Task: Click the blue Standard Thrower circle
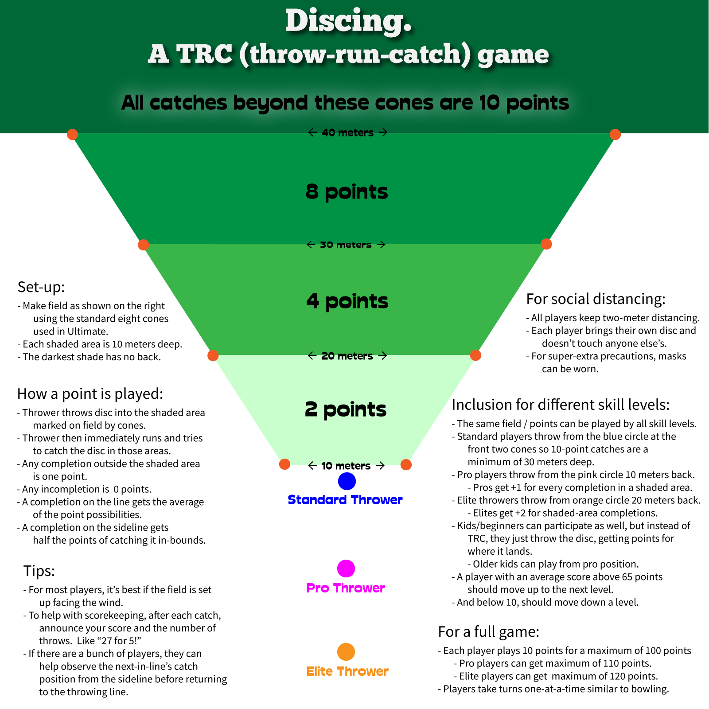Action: pos(347,481)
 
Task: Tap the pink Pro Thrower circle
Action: pos(346,569)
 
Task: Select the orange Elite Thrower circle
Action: pos(346,652)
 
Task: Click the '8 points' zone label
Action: pos(347,192)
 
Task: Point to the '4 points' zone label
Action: pos(347,301)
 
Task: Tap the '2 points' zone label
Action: pos(346,409)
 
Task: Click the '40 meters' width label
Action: pos(347,132)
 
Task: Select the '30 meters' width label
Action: pos(346,245)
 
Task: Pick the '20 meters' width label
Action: pos(347,356)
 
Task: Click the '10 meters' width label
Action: pos(346,466)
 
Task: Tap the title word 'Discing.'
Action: pos(348,21)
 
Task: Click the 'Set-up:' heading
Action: pos(41,287)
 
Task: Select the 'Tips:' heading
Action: pos(39,571)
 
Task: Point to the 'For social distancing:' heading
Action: pos(596,299)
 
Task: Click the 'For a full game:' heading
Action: pos(488,631)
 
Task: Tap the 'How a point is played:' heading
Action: pos(90,394)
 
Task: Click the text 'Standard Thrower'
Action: pos(345,500)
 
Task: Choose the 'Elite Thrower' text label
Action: pos(347,671)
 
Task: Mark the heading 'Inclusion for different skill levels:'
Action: pos(561,405)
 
